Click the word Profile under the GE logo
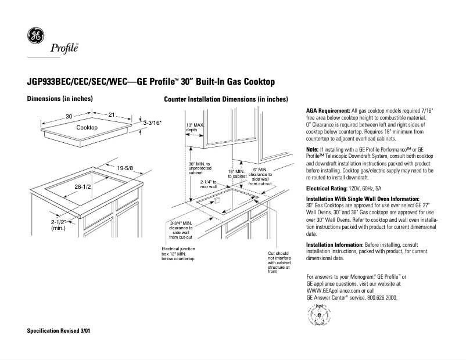click(x=65, y=47)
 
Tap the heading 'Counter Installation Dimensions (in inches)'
click(x=226, y=99)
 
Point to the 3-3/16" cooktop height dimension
click(x=152, y=123)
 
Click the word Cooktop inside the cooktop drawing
click(x=87, y=127)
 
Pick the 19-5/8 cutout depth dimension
click(x=125, y=168)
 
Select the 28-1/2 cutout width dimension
click(x=84, y=186)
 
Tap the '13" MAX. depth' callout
click(x=195, y=128)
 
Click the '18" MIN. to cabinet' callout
click(x=236, y=174)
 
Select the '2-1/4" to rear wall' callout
click(x=208, y=184)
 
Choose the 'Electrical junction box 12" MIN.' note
click(x=178, y=253)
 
